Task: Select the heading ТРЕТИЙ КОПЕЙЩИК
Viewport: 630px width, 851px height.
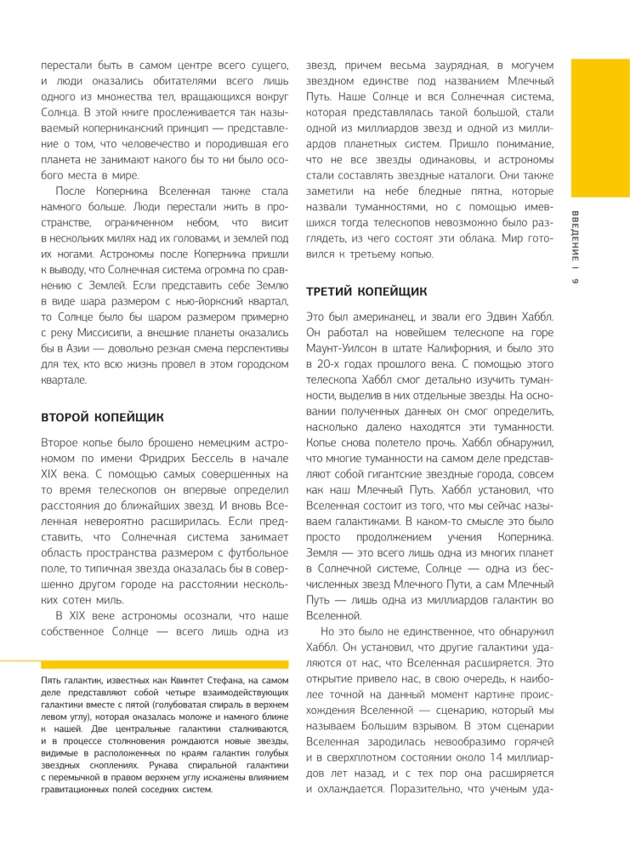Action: (x=366, y=292)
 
